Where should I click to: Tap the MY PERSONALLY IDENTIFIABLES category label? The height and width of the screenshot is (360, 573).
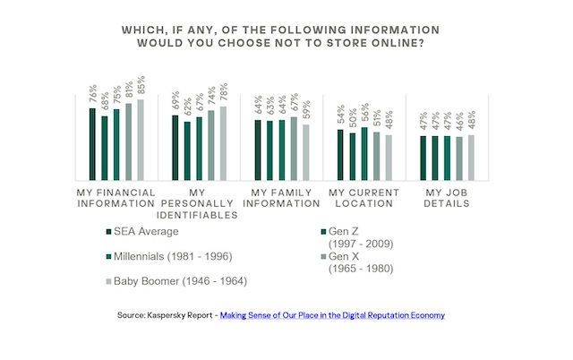(x=198, y=203)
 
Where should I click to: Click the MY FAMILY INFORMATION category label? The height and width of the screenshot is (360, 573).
(x=281, y=198)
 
